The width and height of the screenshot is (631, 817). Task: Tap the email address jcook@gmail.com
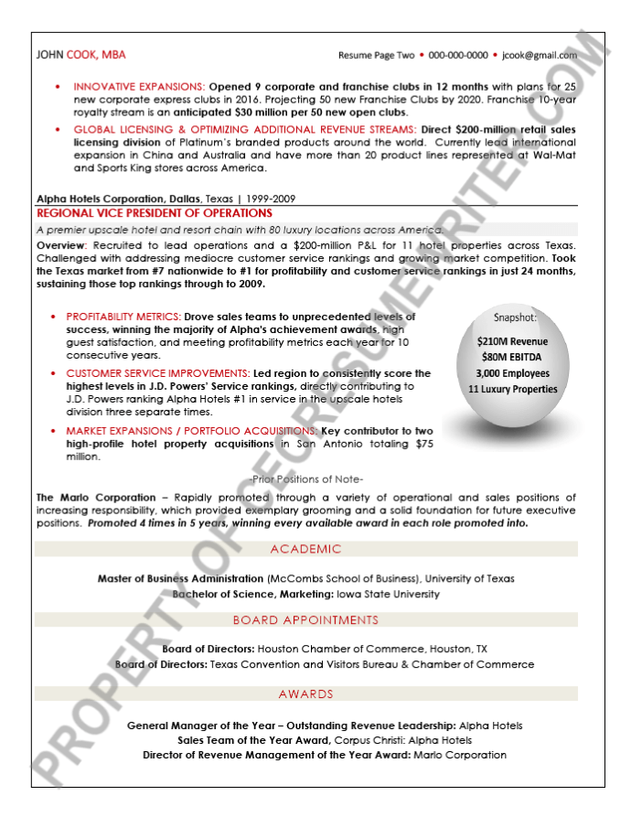tap(539, 55)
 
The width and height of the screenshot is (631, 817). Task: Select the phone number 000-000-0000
tap(458, 55)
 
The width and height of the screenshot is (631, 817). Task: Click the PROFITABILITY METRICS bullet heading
tap(123, 317)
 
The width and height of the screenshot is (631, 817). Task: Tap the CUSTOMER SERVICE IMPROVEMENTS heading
tap(157, 373)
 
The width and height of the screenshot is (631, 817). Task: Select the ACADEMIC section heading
tap(305, 549)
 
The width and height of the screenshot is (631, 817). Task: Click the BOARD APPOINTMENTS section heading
tap(305, 620)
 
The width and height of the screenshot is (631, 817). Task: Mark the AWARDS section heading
tap(305, 694)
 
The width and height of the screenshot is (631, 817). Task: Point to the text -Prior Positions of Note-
tap(305, 479)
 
